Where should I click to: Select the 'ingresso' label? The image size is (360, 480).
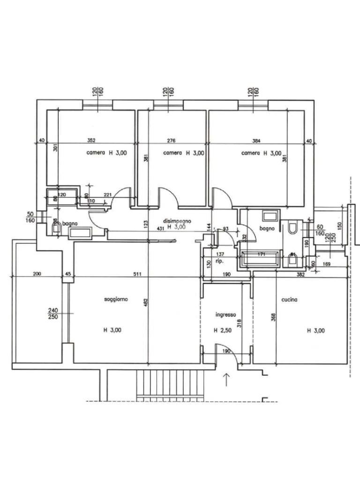(x=225, y=315)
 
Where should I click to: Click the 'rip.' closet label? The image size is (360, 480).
(x=218, y=261)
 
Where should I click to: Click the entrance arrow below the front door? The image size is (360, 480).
(x=227, y=379)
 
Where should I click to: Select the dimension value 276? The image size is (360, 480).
(x=171, y=140)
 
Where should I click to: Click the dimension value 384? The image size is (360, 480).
(x=255, y=140)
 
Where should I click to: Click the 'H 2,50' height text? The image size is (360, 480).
(x=223, y=330)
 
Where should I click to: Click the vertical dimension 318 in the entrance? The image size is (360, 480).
(x=240, y=324)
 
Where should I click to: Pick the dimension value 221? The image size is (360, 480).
(x=107, y=195)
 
